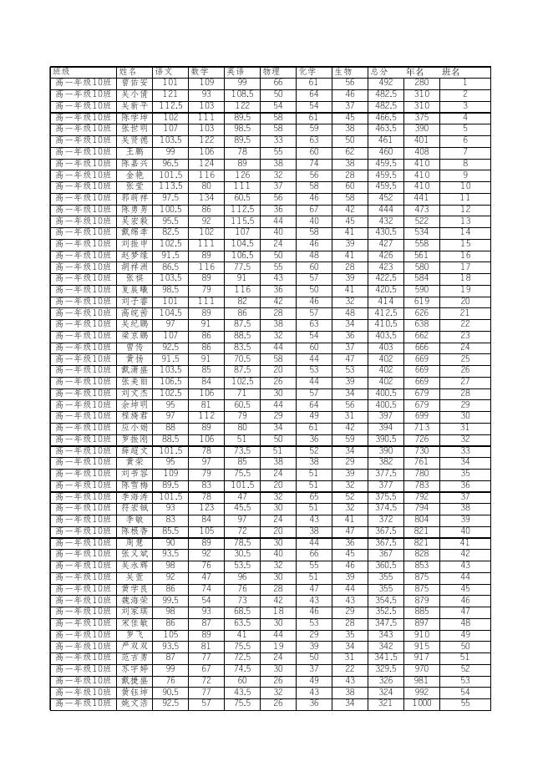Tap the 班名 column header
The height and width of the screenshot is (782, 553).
pos(451,72)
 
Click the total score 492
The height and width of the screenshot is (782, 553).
pos(385,83)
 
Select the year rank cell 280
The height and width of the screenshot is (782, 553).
pos(422,83)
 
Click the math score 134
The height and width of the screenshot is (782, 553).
pos(206,198)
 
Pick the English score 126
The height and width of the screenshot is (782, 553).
pos(242,175)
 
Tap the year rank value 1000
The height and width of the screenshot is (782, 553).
pos(422,703)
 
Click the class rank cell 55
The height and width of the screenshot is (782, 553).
pos(465,703)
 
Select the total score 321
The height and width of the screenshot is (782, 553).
pos(385,703)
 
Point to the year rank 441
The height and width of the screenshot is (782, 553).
pos(422,198)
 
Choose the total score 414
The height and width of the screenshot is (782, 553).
pos(385,301)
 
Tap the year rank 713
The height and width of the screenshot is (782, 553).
pos(422,427)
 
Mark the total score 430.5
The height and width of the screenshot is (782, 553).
pos(385,232)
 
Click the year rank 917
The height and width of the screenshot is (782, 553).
pos(422,658)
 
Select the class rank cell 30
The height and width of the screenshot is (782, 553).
pos(465,415)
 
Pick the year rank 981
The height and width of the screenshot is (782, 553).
pos(422,680)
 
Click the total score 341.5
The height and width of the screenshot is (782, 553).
pos(385,658)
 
